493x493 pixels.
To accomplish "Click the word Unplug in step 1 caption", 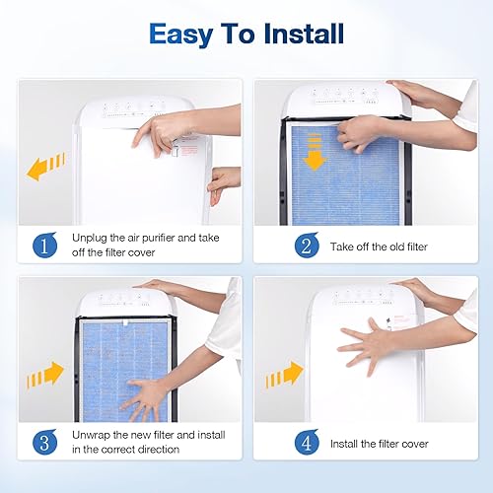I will tap(94, 239).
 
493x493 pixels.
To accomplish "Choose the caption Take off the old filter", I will tap(379, 246).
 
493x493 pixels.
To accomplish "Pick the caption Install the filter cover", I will tap(380, 444).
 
